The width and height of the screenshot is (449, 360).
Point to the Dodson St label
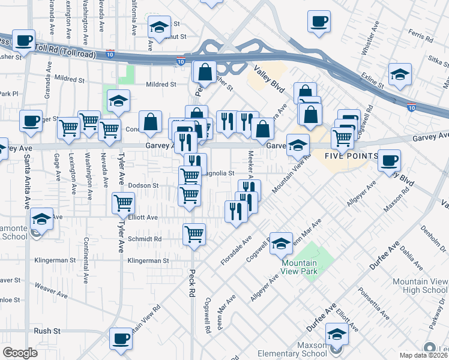pyautogui.click(x=143, y=186)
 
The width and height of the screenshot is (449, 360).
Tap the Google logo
pyautogui.click(x=20, y=353)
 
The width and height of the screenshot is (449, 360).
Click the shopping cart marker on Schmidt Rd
pyautogui.click(x=194, y=234)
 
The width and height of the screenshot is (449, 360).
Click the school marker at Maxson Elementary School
pyautogui.click(x=337, y=334)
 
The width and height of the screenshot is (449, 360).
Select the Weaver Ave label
pyautogui.click(x=50, y=288)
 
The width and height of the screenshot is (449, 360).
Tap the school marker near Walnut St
pyautogui.click(x=159, y=28)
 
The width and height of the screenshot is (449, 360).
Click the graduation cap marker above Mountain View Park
pyautogui.click(x=280, y=243)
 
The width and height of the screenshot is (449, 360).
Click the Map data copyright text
pyautogui.click(x=424, y=355)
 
